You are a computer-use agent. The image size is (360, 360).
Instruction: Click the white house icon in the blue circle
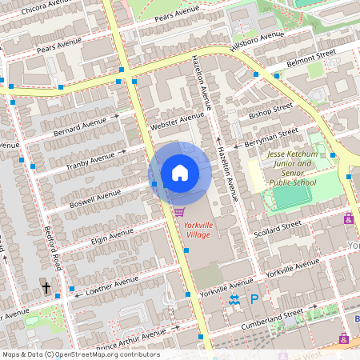coord(180,172)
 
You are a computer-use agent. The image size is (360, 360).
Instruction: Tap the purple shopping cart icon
coord(179,211)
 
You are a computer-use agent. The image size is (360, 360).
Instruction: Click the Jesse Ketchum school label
coord(292,166)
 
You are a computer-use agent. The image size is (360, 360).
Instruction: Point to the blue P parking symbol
coord(254,299)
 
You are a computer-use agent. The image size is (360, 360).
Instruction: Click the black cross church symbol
coord(46,287)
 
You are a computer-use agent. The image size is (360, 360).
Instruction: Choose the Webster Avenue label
coord(177,122)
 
